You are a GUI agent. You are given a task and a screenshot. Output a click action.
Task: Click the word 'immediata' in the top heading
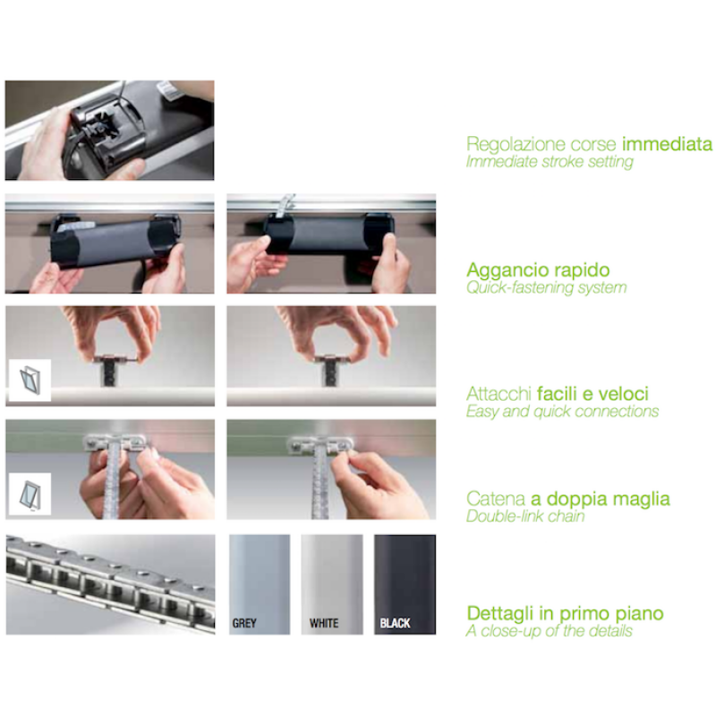[x=667, y=144]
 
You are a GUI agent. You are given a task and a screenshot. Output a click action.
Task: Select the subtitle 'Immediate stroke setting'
[x=550, y=162]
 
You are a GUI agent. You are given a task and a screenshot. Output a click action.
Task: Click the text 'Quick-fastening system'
[x=546, y=287]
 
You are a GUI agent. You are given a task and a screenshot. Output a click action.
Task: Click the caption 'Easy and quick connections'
[x=562, y=412]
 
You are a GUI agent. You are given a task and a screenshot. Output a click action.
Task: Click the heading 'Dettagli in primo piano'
[x=565, y=613]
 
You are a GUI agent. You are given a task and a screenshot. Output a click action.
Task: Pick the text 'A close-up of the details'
[x=550, y=631]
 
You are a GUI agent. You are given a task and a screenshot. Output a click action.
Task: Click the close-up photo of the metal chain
[x=110, y=584]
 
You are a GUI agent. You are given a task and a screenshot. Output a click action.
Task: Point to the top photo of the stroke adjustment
[x=109, y=130]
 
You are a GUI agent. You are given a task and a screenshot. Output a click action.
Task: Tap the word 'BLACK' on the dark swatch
[x=395, y=623]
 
